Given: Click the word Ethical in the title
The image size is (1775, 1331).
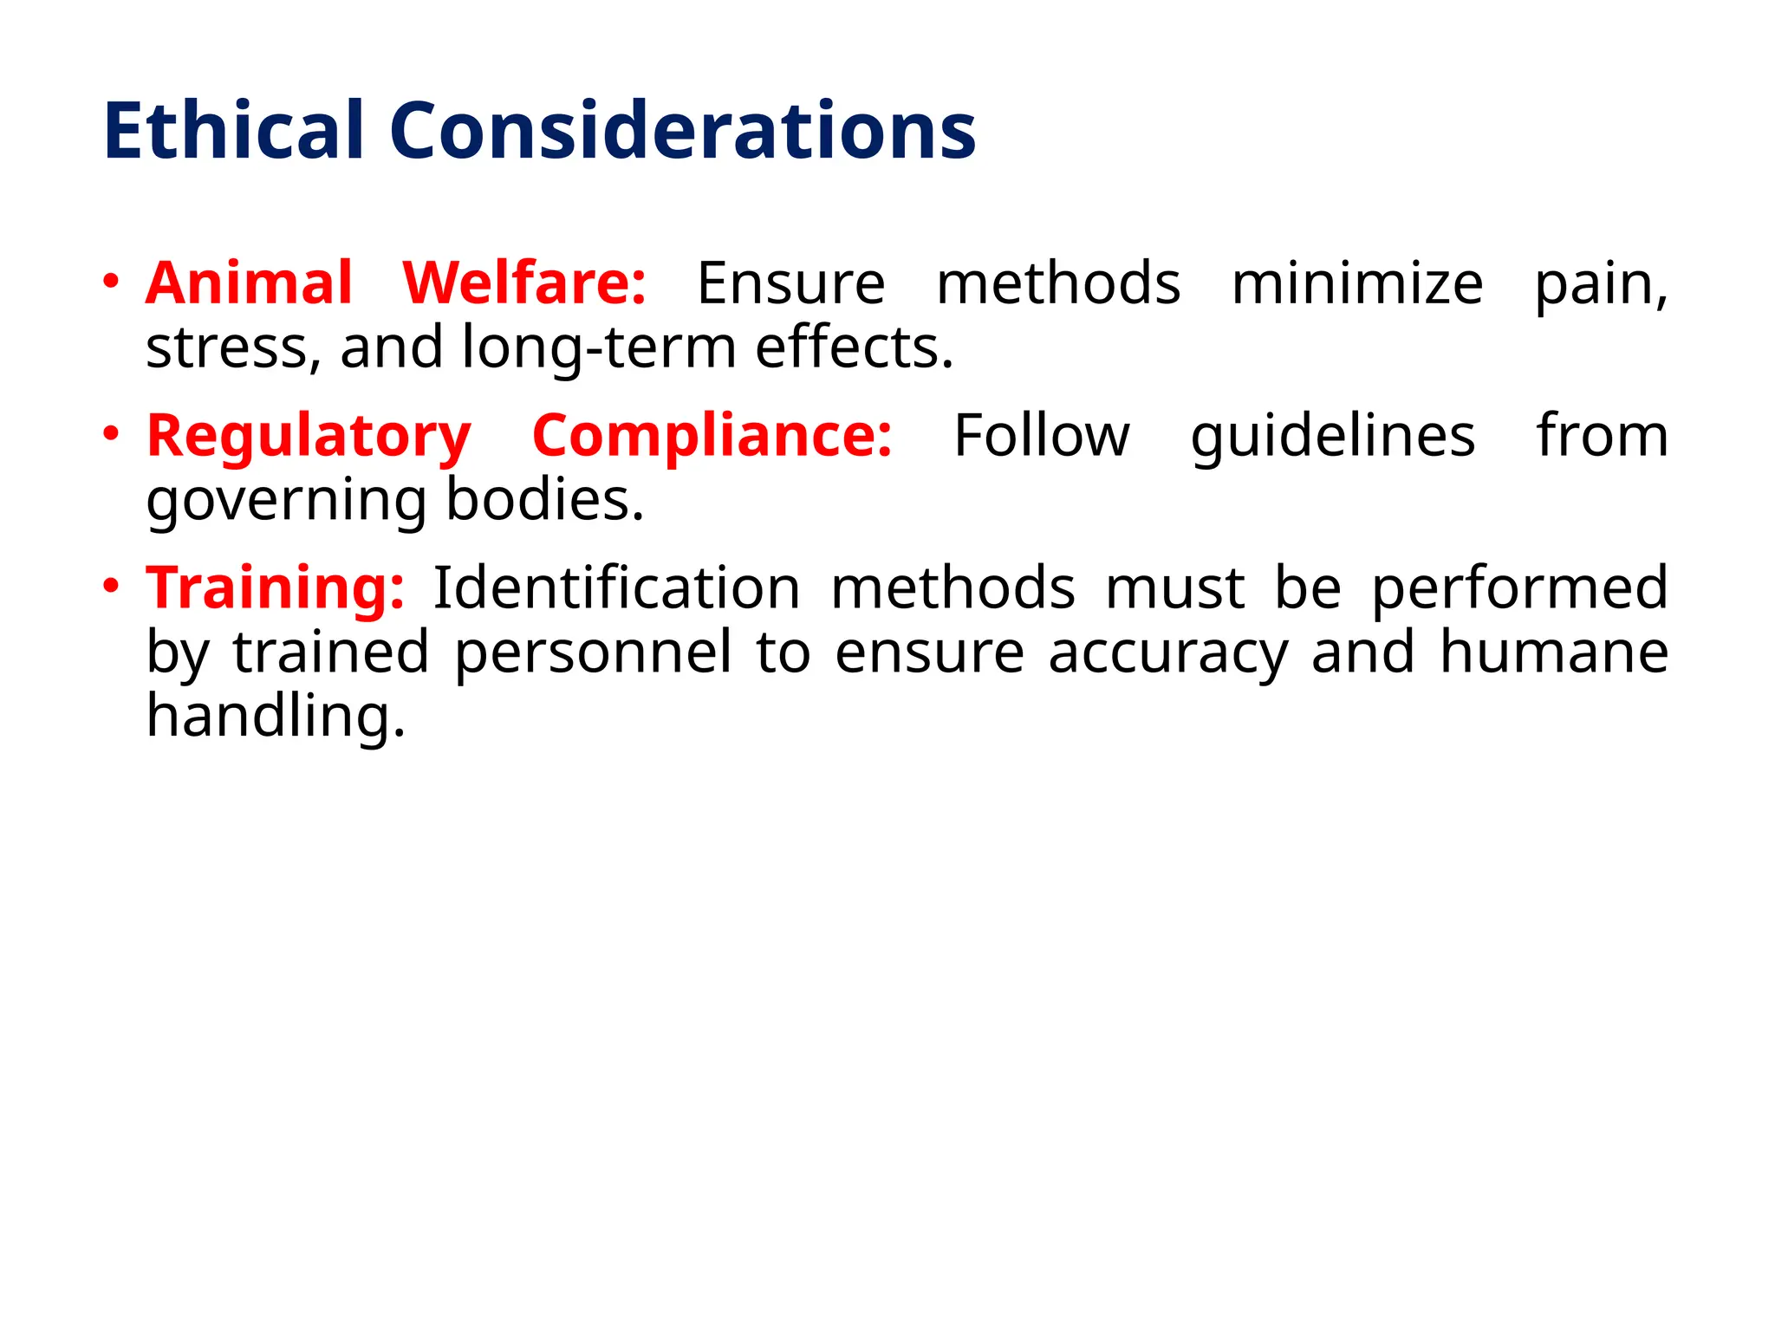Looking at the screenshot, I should [x=233, y=131].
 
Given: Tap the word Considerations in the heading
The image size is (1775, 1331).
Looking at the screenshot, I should [x=682, y=131].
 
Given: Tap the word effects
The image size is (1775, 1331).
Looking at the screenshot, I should [x=854, y=347].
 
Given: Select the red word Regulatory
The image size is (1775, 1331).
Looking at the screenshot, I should [x=309, y=437].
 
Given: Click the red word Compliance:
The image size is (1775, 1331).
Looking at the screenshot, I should [x=712, y=437].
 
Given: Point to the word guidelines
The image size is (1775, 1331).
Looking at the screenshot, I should [x=1332, y=437].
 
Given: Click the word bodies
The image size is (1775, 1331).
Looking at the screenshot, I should [x=545, y=500].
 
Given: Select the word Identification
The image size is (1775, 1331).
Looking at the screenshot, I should [x=616, y=588].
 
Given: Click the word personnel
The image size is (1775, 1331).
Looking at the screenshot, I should [x=594, y=653].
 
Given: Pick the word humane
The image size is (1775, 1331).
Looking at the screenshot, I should [x=1554, y=652].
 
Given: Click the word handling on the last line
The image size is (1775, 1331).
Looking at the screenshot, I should [x=276, y=717].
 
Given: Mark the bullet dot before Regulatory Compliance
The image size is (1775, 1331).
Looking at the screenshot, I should [x=110, y=433].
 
